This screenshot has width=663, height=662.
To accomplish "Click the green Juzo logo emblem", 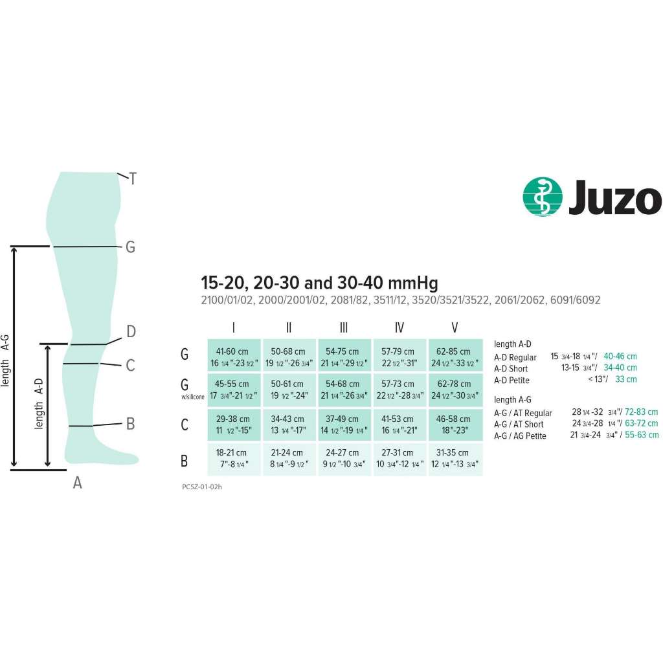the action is (543, 197).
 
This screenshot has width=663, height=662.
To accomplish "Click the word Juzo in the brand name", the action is (615, 197).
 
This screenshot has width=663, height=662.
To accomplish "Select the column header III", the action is (344, 327).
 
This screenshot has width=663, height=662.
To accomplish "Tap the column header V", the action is (455, 327).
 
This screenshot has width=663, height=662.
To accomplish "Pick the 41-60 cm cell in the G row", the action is (234, 355).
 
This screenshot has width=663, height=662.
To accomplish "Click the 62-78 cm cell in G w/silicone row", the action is (455, 390).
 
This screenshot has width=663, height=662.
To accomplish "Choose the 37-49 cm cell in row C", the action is (344, 425).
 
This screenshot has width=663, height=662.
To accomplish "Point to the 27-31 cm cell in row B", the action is (399, 459).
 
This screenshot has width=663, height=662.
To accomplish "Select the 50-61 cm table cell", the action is (289, 390).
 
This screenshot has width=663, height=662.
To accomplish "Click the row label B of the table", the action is (185, 460).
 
